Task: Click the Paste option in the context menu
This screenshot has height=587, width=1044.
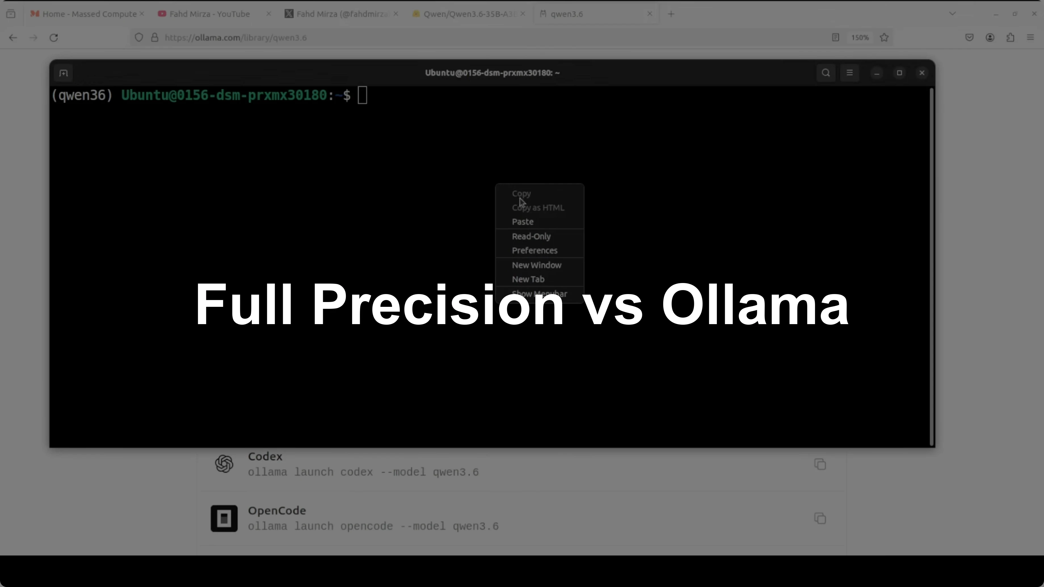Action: coord(522,221)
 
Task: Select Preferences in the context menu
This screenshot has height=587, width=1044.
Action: coord(534,250)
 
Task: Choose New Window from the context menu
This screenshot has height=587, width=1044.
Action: coord(536,265)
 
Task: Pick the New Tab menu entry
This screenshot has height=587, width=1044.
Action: coord(528,279)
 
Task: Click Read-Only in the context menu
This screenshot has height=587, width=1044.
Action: coord(531,236)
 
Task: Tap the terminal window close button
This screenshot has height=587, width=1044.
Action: coord(922,73)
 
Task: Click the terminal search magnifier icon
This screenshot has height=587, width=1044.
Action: coord(826,73)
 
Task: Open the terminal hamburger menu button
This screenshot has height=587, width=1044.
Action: coord(849,73)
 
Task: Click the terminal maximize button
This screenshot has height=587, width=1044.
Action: coord(899,73)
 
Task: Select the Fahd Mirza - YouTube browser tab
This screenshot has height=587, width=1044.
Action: coord(209,14)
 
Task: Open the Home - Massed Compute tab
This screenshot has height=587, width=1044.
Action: coord(89,14)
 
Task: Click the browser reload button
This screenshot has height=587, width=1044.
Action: coord(54,38)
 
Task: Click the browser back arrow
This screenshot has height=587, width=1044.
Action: coord(13,38)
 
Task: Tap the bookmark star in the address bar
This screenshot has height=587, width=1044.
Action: coord(884,38)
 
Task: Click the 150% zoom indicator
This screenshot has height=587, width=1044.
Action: coord(860,38)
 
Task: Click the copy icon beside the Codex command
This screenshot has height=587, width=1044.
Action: coord(820,464)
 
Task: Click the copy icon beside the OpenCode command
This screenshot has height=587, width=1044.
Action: coord(820,519)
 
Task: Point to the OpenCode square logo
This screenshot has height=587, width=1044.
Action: coord(224,519)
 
